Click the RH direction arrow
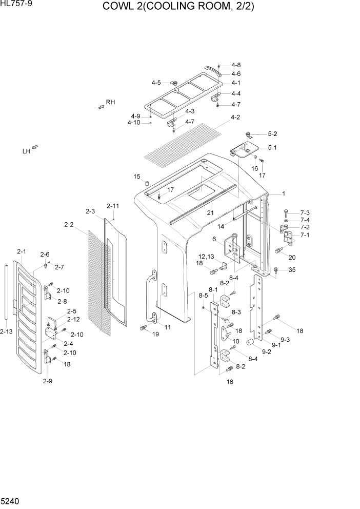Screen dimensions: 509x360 point(101,106)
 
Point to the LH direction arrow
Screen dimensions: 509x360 point(35,149)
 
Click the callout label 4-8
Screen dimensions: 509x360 point(236,65)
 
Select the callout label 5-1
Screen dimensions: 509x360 point(272,148)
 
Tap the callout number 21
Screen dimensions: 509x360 point(210,212)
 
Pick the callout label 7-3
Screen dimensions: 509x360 point(305,212)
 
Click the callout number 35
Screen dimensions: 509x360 point(292,269)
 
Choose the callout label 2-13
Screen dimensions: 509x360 point(7,332)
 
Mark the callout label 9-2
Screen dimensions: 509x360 point(267,352)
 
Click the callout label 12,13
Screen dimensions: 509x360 point(207,256)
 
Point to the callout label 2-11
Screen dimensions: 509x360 point(112,206)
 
